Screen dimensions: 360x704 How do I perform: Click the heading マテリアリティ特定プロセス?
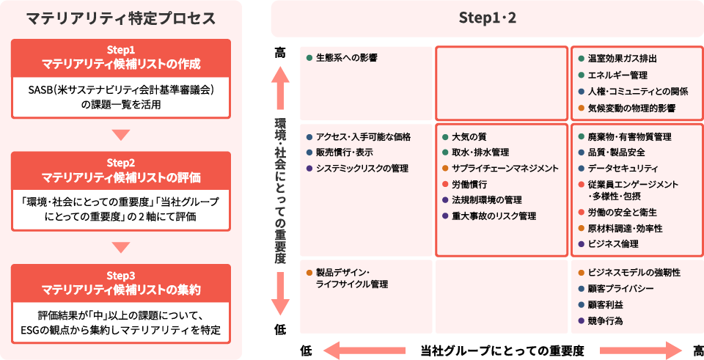click(121, 18)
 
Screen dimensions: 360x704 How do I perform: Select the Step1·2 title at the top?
click(487, 18)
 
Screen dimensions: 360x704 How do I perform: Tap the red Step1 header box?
click(121, 57)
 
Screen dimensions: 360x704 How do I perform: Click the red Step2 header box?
click(121, 169)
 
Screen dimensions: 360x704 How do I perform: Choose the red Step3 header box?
click(121, 282)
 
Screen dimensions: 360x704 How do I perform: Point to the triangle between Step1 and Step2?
click(121, 134)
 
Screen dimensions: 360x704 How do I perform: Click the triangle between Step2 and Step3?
click(121, 247)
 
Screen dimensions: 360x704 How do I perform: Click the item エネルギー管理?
click(617, 75)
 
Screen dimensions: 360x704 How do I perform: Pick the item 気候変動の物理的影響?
click(631, 108)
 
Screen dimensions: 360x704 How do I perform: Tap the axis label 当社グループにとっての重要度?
click(502, 350)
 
